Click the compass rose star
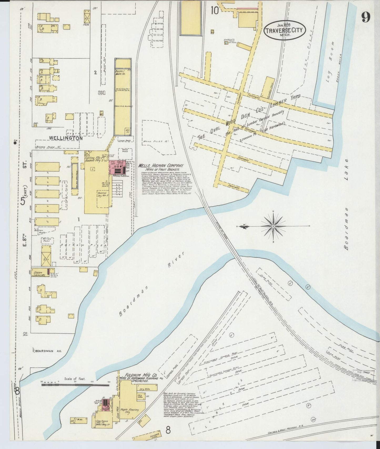coord(273,226)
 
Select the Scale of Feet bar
coord(75,385)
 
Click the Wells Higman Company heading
coord(161,166)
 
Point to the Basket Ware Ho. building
coord(123,97)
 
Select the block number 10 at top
coord(215,11)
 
